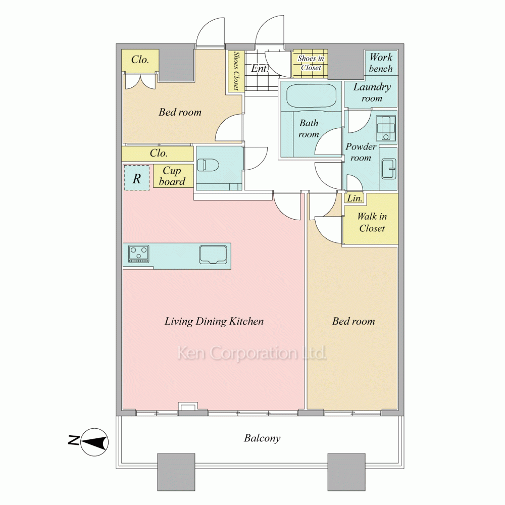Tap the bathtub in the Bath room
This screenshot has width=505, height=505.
coord(311,95)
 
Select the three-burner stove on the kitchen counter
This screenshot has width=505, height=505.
coord(139,254)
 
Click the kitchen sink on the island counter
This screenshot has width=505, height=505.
coord(214,255)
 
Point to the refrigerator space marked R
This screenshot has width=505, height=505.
coord(137,178)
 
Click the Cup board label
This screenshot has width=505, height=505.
coord(172,176)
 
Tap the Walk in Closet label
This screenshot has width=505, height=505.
coord(372,222)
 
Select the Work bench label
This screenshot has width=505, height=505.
coord(381,63)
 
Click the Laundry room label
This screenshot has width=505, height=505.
coord(372,92)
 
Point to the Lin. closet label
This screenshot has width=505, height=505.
coord(355,198)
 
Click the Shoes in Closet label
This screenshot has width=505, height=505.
coord(311,63)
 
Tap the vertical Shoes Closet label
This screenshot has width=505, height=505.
coord(236,71)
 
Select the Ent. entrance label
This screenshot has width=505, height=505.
coord(260,68)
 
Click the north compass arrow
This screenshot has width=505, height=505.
coord(94,442)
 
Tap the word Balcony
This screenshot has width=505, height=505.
coord(262,438)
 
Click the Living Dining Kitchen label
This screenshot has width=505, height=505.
coord(214,321)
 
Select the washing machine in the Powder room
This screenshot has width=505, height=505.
coord(386,128)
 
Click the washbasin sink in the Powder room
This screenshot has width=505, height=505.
coord(389,169)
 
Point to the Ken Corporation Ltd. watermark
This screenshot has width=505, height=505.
coord(252,353)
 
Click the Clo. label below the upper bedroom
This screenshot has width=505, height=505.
coord(159,153)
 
